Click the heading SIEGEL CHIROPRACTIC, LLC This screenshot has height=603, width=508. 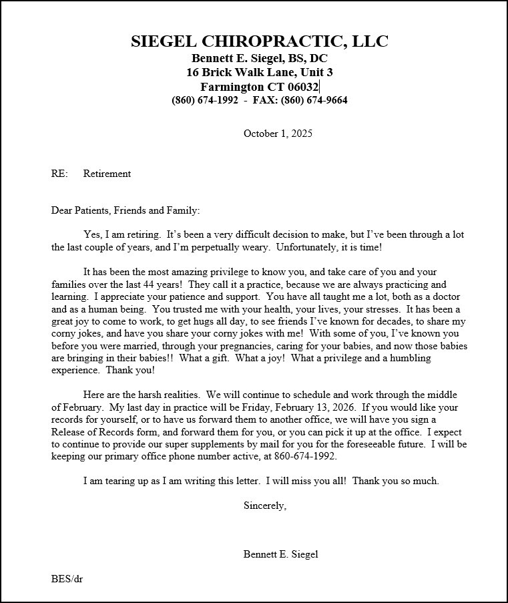[259, 41]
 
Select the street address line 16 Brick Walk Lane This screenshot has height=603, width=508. [259, 72]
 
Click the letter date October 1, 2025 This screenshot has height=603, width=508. [278, 134]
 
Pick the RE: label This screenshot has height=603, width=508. [59, 174]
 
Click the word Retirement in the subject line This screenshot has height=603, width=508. [107, 174]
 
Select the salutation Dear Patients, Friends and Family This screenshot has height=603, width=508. [125, 210]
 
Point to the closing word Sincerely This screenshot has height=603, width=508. [264, 506]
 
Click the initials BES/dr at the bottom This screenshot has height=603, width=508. [67, 578]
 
